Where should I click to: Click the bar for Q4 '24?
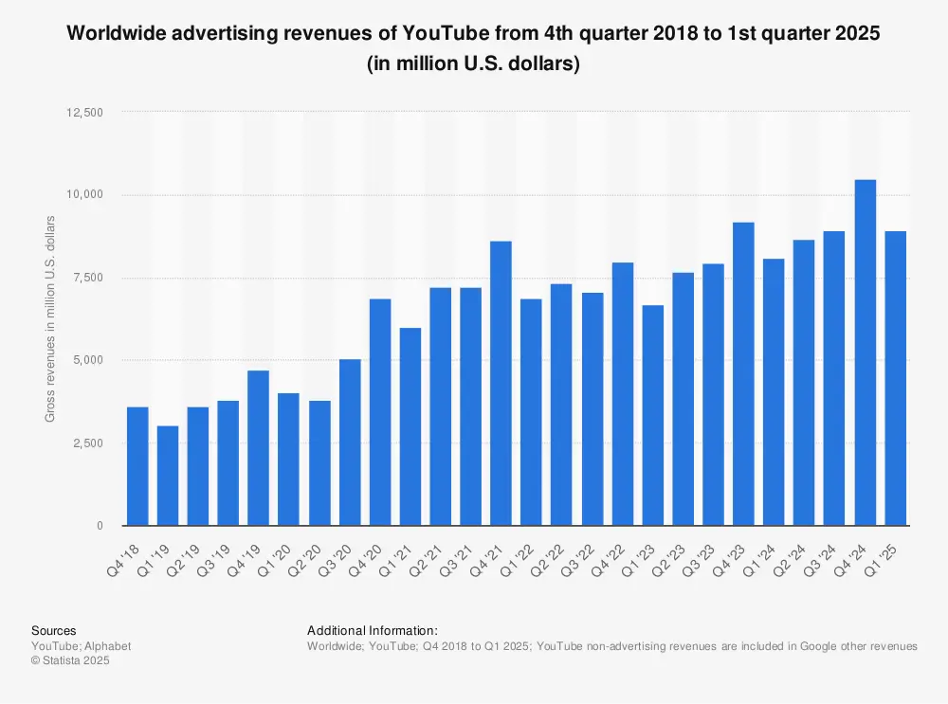(865, 352)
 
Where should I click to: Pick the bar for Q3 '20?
(350, 442)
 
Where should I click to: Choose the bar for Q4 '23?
(743, 374)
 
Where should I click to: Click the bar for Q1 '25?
(895, 378)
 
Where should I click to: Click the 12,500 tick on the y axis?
(86, 112)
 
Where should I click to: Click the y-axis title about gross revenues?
(50, 318)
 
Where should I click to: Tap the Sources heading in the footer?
(54, 631)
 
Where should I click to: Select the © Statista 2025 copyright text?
(71, 661)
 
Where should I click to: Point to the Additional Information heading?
(373, 631)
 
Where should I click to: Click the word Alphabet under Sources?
(108, 646)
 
